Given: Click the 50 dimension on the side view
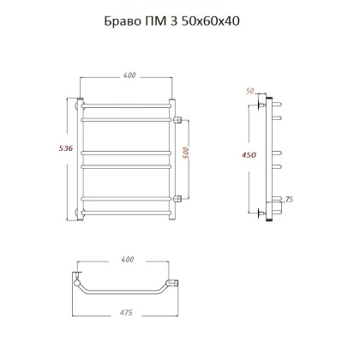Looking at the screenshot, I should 251,90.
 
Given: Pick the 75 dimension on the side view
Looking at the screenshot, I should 290,199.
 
